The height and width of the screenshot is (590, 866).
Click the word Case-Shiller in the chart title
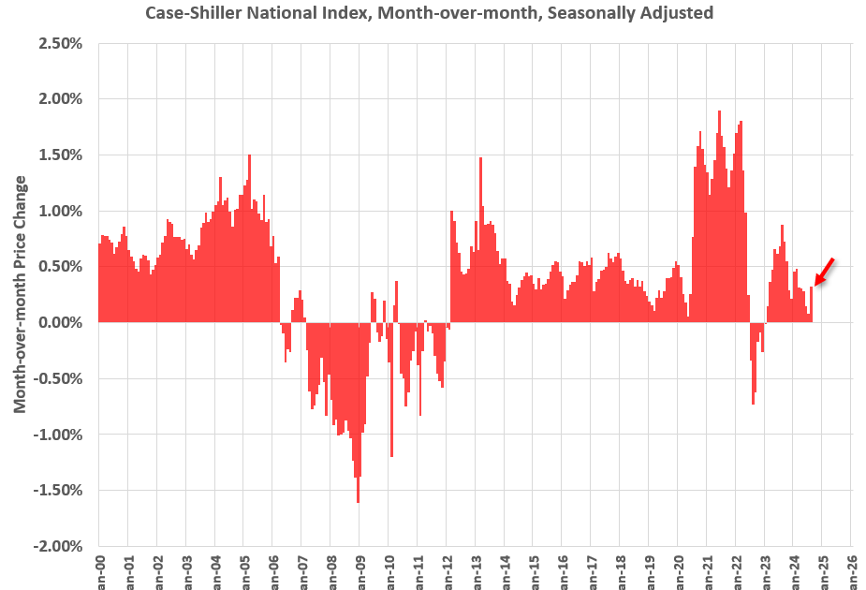click(188, 13)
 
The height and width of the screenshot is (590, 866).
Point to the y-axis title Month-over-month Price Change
click(20, 294)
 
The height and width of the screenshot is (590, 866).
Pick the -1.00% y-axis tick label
click(61, 435)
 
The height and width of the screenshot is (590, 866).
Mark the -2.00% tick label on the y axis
click(61, 546)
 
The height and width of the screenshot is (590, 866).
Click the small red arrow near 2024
click(824, 272)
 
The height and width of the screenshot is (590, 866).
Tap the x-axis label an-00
click(99, 570)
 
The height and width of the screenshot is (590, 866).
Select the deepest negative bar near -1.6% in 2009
click(358, 421)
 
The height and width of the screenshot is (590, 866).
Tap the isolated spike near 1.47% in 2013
click(480, 243)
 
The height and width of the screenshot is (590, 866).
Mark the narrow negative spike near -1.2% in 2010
click(391, 393)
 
